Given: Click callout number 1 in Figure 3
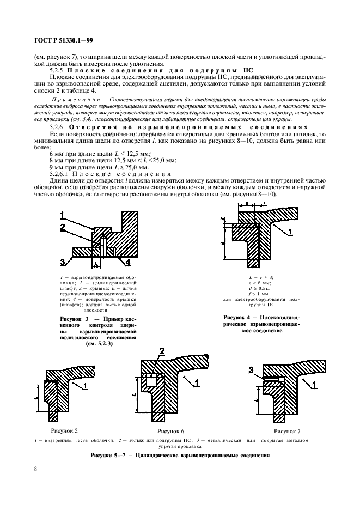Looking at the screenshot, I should (63, 214).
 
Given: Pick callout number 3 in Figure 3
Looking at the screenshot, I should (63, 261).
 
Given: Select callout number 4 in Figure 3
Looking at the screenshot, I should (127, 262).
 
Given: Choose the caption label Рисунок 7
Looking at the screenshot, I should (286, 430).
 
